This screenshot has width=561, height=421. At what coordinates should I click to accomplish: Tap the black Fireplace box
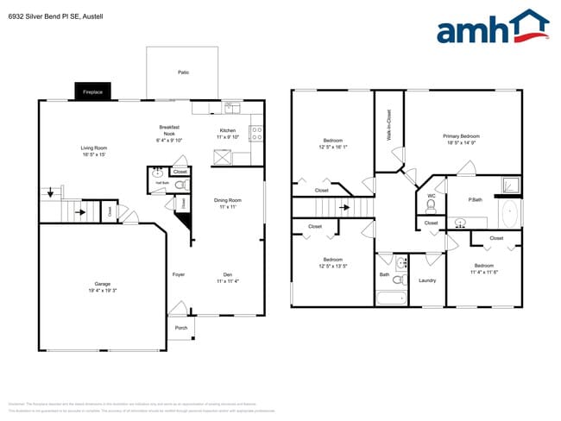(x=93, y=91)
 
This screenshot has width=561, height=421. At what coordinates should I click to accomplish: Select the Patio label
(x=183, y=72)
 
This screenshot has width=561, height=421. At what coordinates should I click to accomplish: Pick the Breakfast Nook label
(x=169, y=131)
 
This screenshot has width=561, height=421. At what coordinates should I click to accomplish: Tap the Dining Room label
(x=227, y=204)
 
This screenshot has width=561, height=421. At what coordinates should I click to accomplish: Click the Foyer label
(x=179, y=275)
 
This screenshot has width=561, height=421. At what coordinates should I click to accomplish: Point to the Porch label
(x=181, y=328)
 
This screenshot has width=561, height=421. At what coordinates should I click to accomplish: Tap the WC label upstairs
(x=431, y=196)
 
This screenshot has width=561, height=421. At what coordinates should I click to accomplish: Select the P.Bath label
(x=475, y=200)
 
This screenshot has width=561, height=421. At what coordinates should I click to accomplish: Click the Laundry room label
(x=426, y=280)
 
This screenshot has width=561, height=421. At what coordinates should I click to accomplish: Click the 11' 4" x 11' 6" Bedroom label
(x=483, y=268)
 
